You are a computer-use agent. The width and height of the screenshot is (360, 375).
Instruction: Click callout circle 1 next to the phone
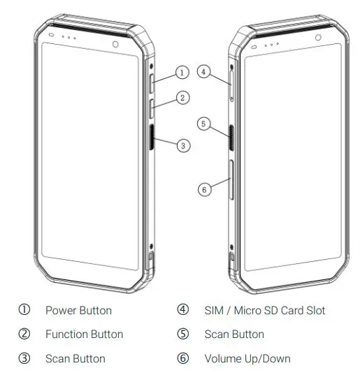[x=182, y=72]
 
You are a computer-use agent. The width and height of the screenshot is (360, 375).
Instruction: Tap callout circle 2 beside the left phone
[x=182, y=98]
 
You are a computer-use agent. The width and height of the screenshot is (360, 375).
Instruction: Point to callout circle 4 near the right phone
[x=202, y=71]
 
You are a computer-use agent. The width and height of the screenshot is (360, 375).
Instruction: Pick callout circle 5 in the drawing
[x=203, y=124]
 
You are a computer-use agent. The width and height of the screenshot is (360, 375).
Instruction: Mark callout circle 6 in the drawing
[x=203, y=189]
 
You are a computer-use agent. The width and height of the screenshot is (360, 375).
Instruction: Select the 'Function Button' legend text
[x=84, y=334]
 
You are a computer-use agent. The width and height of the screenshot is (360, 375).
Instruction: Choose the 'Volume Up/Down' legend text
[x=247, y=358]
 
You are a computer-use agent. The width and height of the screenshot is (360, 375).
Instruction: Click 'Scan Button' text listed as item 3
[x=75, y=358]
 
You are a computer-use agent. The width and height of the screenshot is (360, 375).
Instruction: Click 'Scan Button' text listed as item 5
[x=234, y=334]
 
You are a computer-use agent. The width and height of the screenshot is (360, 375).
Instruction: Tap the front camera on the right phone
[x=318, y=38]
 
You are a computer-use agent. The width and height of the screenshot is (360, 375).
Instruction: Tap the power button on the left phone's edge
[x=152, y=84]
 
